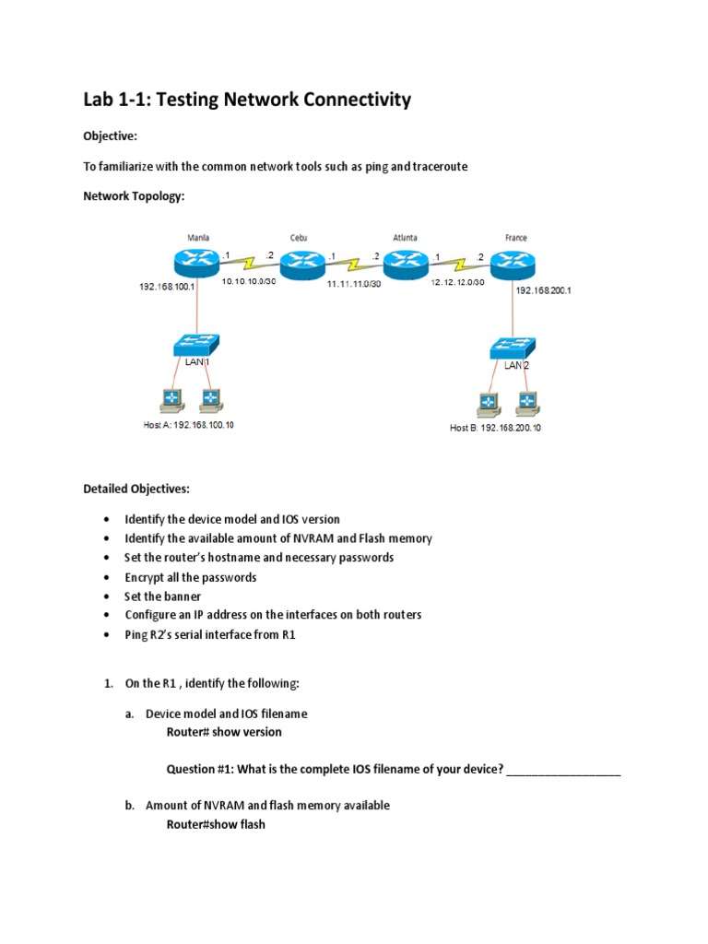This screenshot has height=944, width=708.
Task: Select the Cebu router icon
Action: click(x=300, y=267)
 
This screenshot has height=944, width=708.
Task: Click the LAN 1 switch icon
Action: click(x=195, y=346)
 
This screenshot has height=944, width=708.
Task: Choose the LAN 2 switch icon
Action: click(x=513, y=348)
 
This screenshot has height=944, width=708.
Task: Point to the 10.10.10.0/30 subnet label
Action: click(x=248, y=280)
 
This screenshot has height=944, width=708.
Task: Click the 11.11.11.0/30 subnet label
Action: click(x=354, y=286)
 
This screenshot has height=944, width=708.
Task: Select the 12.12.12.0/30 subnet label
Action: click(x=457, y=282)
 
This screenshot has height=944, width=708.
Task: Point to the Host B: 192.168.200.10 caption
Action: click(x=495, y=428)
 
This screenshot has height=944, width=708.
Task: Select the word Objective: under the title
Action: click(x=110, y=136)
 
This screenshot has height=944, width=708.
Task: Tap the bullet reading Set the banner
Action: click(x=162, y=596)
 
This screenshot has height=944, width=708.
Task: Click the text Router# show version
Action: click(x=224, y=732)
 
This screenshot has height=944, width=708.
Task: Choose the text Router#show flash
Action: click(x=216, y=824)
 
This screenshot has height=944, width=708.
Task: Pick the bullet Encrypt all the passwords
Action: click(x=191, y=577)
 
